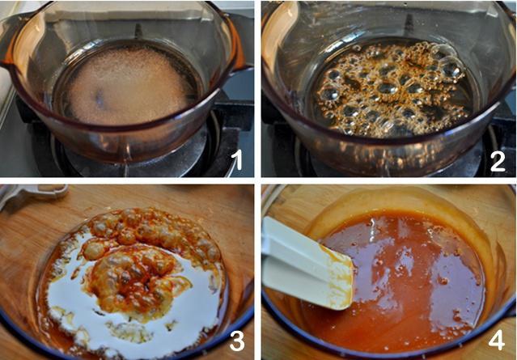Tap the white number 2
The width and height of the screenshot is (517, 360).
pyautogui.click(x=498, y=159)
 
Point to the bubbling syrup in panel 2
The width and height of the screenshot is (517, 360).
pyautogui.click(x=391, y=89)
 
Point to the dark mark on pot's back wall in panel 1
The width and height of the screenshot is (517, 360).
pyautogui.click(x=138, y=31)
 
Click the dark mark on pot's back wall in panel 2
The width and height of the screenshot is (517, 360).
pyautogui.click(x=409, y=23)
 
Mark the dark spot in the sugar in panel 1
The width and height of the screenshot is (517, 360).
pyautogui.click(x=100, y=96)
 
